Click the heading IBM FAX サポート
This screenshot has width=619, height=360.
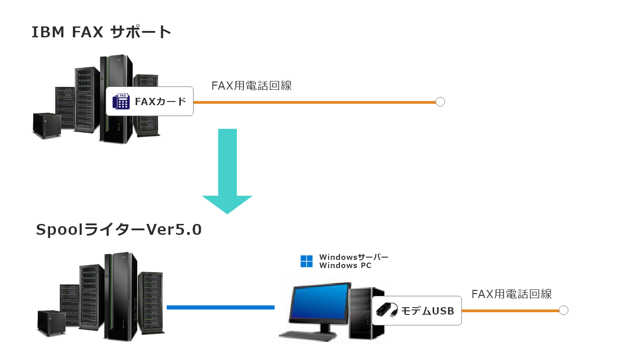coord(101,32)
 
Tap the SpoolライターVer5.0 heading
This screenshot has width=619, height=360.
coord(118,230)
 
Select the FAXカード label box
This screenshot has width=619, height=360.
coord(150,101)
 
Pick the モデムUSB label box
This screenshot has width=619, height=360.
coord(416,311)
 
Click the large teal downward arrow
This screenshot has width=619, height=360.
coord(227,173)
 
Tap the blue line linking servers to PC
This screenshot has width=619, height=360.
coord(220,308)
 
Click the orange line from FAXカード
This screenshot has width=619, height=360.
coord(314,102)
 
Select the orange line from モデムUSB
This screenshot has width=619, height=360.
coord(510,311)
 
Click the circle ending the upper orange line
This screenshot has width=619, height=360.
coord(440,102)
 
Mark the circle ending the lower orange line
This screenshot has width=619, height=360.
coord(563,310)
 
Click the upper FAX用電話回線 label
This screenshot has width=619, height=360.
coord(251,86)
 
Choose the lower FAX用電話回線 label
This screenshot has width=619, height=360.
coord(512,294)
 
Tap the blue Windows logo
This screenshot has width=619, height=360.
coord(307,261)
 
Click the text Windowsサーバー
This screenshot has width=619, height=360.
coord(354,257)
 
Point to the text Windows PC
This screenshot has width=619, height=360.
coord(345,266)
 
